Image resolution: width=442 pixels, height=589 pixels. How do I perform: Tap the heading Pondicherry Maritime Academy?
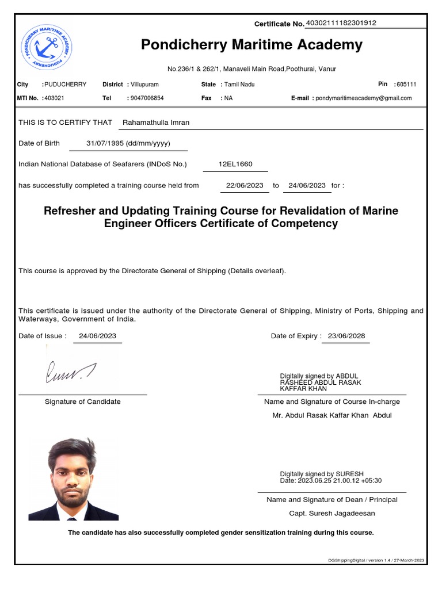coord(252,45)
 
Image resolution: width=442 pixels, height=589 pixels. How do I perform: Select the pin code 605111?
coord(405,85)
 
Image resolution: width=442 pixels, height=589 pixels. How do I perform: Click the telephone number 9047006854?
coord(147,98)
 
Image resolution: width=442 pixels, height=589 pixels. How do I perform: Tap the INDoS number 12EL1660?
coord(235,164)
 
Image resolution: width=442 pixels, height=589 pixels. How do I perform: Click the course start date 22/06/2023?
coord(245,185)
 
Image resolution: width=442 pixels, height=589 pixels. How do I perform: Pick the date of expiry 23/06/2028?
coord(346,336)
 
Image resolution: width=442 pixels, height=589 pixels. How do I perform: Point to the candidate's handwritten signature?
coord(70,372)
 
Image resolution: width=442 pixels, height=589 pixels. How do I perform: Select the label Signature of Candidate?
coord(82,401)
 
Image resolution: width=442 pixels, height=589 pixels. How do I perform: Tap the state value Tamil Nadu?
coord(239,85)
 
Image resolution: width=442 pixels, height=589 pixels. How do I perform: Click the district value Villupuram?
coord(144,85)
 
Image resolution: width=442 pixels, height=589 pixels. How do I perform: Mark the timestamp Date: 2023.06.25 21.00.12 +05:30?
coord(330,481)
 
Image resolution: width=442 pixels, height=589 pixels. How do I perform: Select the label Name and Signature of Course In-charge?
coord(331,401)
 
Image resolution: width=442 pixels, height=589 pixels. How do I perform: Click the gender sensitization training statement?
coord(220,533)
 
